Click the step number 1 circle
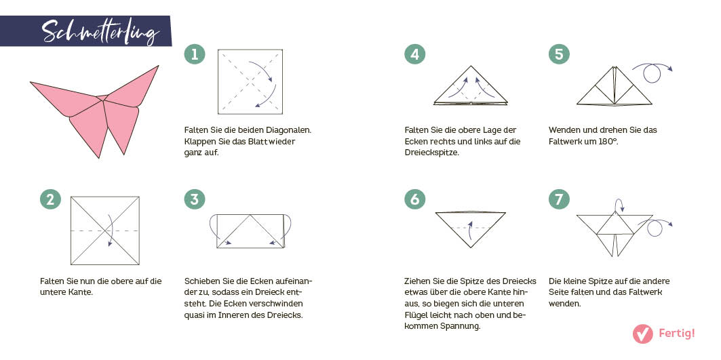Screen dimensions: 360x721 pyautogui.click(x=195, y=55)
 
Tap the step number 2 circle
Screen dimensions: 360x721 pyautogui.click(x=50, y=199)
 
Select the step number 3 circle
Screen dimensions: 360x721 pyautogui.click(x=195, y=199)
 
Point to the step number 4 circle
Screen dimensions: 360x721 pyautogui.click(x=415, y=55)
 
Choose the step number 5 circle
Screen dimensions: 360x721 pyautogui.click(x=559, y=55)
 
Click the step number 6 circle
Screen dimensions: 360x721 pyautogui.click(x=415, y=199)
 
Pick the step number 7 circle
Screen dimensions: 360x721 pyautogui.click(x=559, y=199)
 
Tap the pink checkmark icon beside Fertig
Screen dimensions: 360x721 pyautogui.click(x=642, y=334)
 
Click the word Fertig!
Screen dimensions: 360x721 pyautogui.click(x=677, y=334)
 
